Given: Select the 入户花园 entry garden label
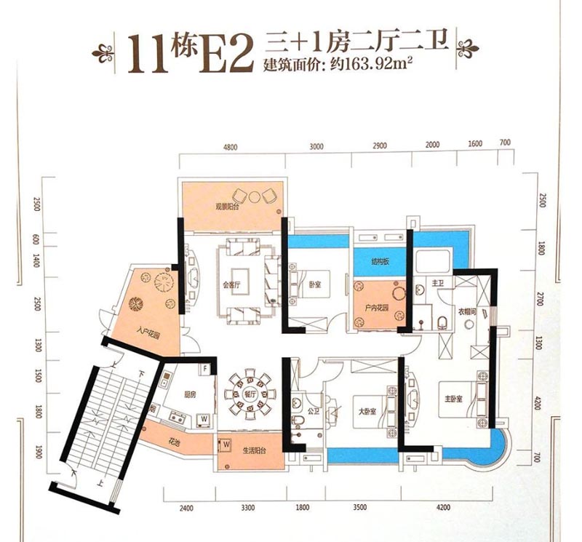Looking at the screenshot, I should coord(146,335).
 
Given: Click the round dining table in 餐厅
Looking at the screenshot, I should coord(242,396).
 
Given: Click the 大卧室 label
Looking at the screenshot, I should coord(367,412).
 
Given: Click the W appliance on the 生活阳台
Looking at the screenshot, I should coord(226,442).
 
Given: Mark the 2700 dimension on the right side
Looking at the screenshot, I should coord(541,298).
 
